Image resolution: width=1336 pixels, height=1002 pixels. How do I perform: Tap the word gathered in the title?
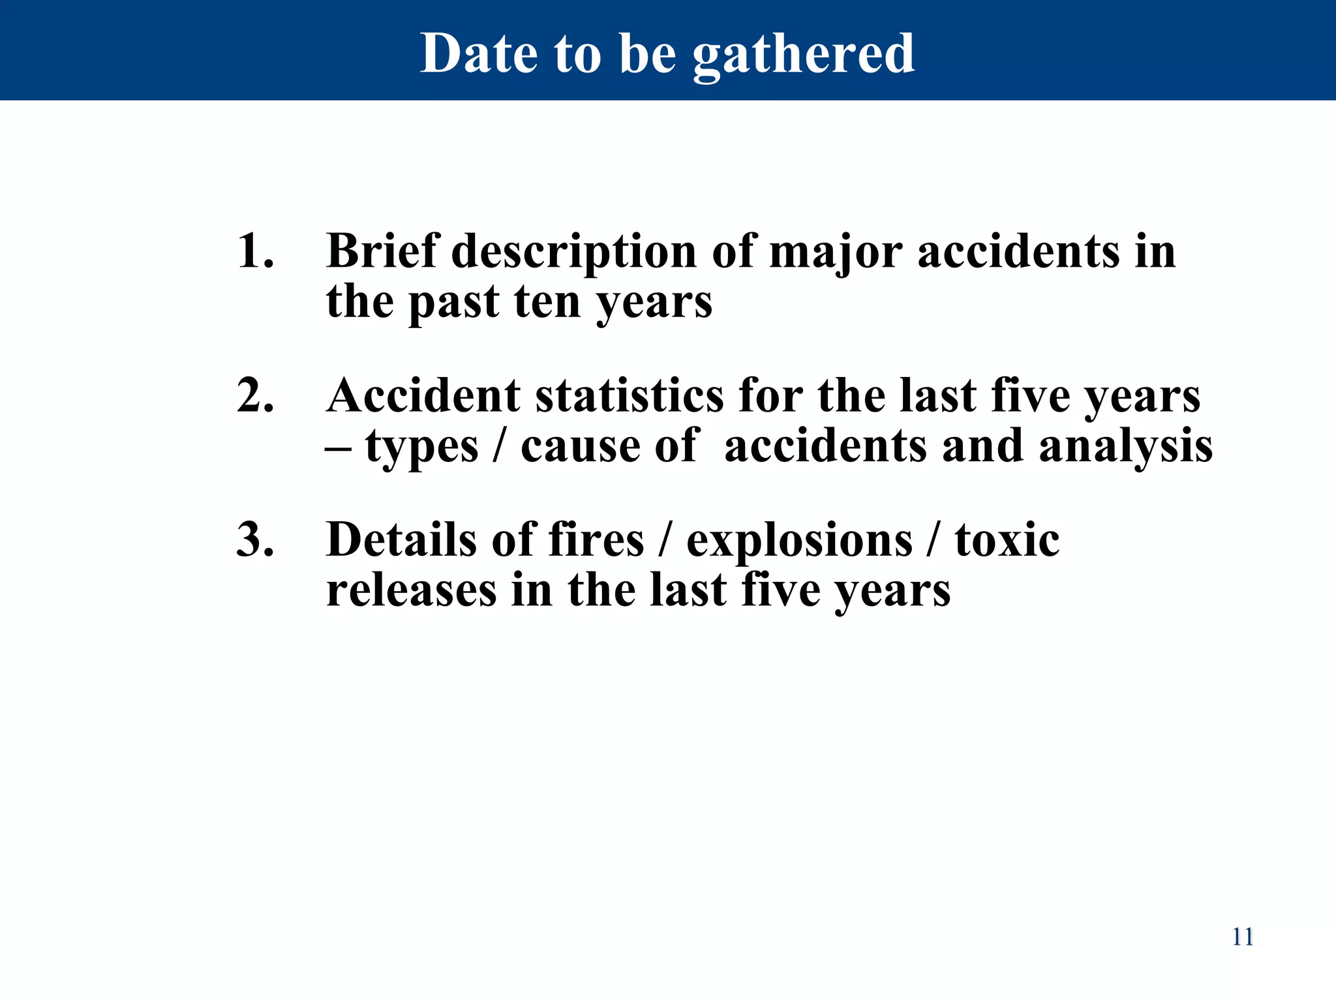pyautogui.click(x=804, y=55)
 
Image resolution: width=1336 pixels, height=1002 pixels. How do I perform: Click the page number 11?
pyautogui.click(x=1242, y=937)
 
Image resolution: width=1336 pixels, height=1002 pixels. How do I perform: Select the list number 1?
pyautogui.click(x=254, y=251)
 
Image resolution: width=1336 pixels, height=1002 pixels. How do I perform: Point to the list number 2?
pyautogui.click(x=255, y=396)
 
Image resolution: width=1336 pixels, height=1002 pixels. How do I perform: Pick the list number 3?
pyautogui.click(x=255, y=540)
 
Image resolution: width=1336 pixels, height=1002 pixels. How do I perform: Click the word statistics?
pyautogui.click(x=630, y=396)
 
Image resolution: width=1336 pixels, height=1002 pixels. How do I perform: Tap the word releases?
pyautogui.click(x=411, y=590)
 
